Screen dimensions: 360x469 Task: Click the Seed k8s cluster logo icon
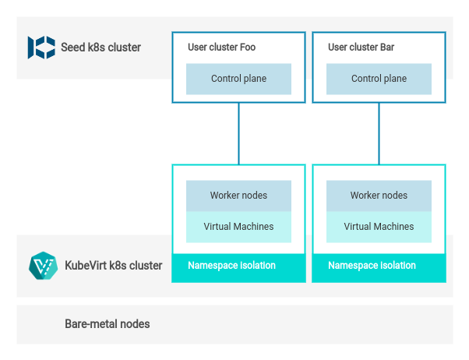pos(41,48)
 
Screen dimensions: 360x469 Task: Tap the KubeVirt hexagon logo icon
pos(43,266)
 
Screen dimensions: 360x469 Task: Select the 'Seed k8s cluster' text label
pos(101,48)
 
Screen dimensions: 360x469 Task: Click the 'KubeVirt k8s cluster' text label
pos(114,266)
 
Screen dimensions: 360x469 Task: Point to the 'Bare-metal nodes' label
pos(108,323)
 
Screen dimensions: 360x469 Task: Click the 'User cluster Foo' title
pos(221,48)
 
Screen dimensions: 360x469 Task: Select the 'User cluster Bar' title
pos(361,48)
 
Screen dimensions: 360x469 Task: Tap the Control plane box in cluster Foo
pos(238,79)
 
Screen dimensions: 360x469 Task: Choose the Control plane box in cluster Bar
pos(379,79)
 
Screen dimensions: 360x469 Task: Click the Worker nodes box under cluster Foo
pos(238,196)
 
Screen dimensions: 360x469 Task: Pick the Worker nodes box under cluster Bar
pos(379,196)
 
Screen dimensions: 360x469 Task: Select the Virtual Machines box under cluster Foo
pos(238,227)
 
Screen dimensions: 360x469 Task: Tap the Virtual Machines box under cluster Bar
pos(379,227)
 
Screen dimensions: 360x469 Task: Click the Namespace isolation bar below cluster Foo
pos(238,266)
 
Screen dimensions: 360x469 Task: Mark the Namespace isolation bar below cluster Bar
pos(379,266)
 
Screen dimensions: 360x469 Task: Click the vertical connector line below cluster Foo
pos(239,133)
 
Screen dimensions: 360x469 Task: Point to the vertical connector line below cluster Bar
pos(379,133)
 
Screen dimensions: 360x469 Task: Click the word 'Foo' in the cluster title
pos(247,48)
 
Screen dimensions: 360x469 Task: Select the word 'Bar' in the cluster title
pos(386,48)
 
